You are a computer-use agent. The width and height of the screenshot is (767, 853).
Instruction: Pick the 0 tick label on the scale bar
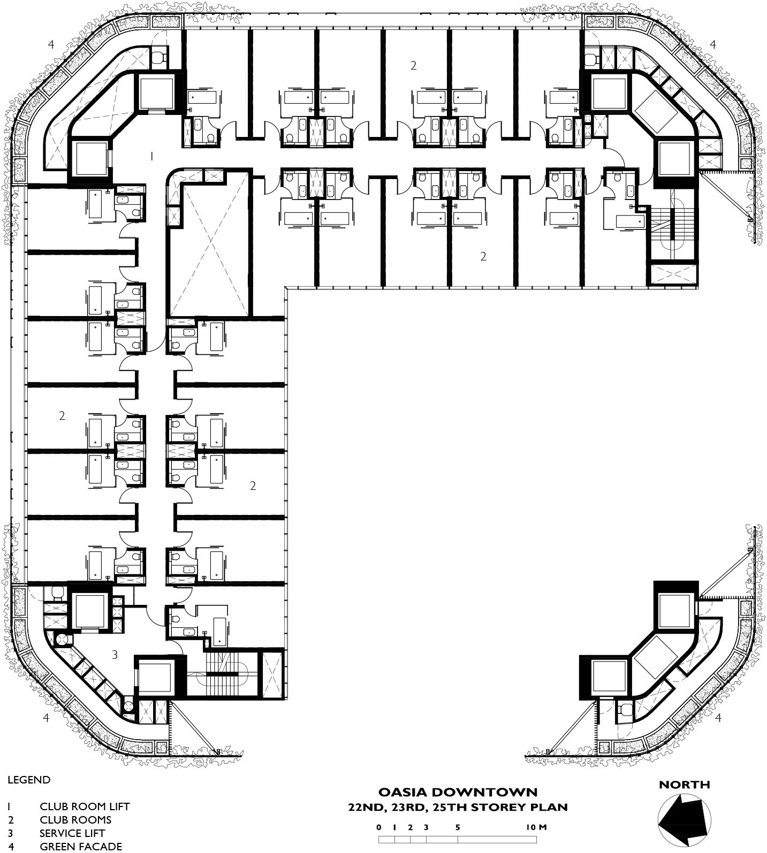[379, 827]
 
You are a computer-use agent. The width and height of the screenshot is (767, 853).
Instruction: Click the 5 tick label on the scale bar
[458, 827]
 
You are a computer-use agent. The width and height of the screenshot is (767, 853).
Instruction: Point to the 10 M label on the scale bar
[536, 827]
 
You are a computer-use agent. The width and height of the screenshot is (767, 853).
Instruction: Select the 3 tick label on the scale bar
[426, 827]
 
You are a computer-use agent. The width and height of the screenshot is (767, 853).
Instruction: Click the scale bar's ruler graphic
[458, 840]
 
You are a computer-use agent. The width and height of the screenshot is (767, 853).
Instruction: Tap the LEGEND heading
[29, 780]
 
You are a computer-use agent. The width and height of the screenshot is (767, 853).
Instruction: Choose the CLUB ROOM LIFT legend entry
[85, 806]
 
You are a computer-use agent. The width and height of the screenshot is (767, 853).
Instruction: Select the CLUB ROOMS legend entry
[75, 820]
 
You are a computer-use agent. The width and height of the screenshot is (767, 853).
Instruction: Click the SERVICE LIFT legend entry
[72, 833]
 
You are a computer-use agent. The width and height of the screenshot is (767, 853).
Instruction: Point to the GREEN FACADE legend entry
[81, 847]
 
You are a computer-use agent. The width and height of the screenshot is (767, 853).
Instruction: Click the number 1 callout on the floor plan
[152, 156]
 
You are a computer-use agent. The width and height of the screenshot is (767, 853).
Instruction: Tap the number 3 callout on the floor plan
[115, 654]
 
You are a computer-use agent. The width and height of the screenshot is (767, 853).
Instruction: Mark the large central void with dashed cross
[209, 249]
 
